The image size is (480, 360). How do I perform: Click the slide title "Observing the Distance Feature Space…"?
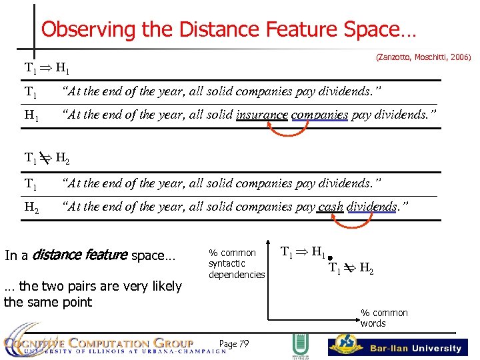[229, 29]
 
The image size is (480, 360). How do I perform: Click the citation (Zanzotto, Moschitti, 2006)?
[423, 58]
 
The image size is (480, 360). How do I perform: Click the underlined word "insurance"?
[262, 115]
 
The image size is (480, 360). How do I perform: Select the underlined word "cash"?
[331, 207]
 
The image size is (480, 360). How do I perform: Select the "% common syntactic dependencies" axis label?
[237, 263]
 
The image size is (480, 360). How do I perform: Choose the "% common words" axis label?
[383, 318]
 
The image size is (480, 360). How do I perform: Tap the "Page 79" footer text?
[234, 344]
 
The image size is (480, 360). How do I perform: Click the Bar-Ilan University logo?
[398, 347]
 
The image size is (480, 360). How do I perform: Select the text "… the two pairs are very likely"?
[93, 286]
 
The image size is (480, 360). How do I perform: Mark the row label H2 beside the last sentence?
[31, 207]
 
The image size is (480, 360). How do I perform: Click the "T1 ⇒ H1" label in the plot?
[303, 253]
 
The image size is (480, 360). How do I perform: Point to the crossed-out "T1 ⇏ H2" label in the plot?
[351, 269]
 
